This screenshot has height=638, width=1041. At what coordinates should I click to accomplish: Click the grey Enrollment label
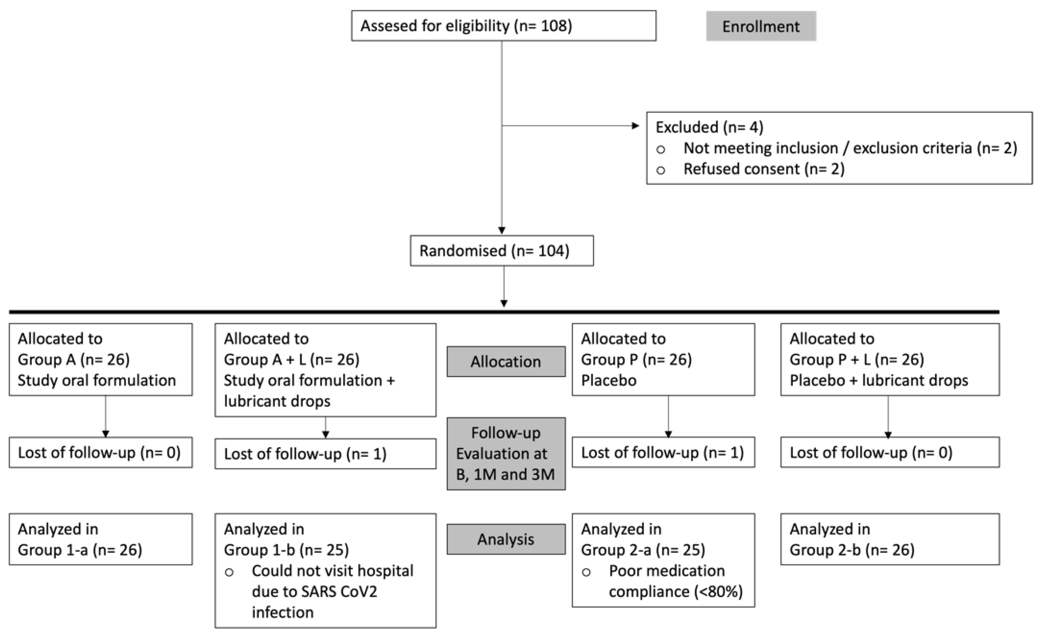pos(761,27)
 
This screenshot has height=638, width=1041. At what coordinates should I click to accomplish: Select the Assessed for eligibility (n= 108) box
pos(503,26)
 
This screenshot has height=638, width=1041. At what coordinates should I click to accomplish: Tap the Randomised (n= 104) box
pos(501,251)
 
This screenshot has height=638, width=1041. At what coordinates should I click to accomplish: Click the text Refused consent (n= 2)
pos(764,169)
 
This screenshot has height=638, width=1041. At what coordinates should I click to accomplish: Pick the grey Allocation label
pos(506,361)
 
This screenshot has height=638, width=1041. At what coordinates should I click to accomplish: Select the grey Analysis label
pos(506,539)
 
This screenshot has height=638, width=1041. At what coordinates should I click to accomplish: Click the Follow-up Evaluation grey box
pos(506,453)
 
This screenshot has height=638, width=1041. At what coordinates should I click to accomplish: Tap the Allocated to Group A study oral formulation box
pos(100,359)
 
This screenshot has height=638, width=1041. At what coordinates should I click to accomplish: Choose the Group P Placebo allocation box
pos(663,359)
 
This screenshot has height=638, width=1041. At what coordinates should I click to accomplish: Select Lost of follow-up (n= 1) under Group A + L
pos(325,454)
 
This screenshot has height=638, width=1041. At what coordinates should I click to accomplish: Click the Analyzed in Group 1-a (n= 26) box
pos(100,539)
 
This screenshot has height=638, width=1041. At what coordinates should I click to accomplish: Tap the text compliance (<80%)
pos(675,592)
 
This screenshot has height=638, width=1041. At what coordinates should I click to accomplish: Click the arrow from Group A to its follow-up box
pos(105,416)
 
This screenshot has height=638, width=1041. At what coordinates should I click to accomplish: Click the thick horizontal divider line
pos(503,312)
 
